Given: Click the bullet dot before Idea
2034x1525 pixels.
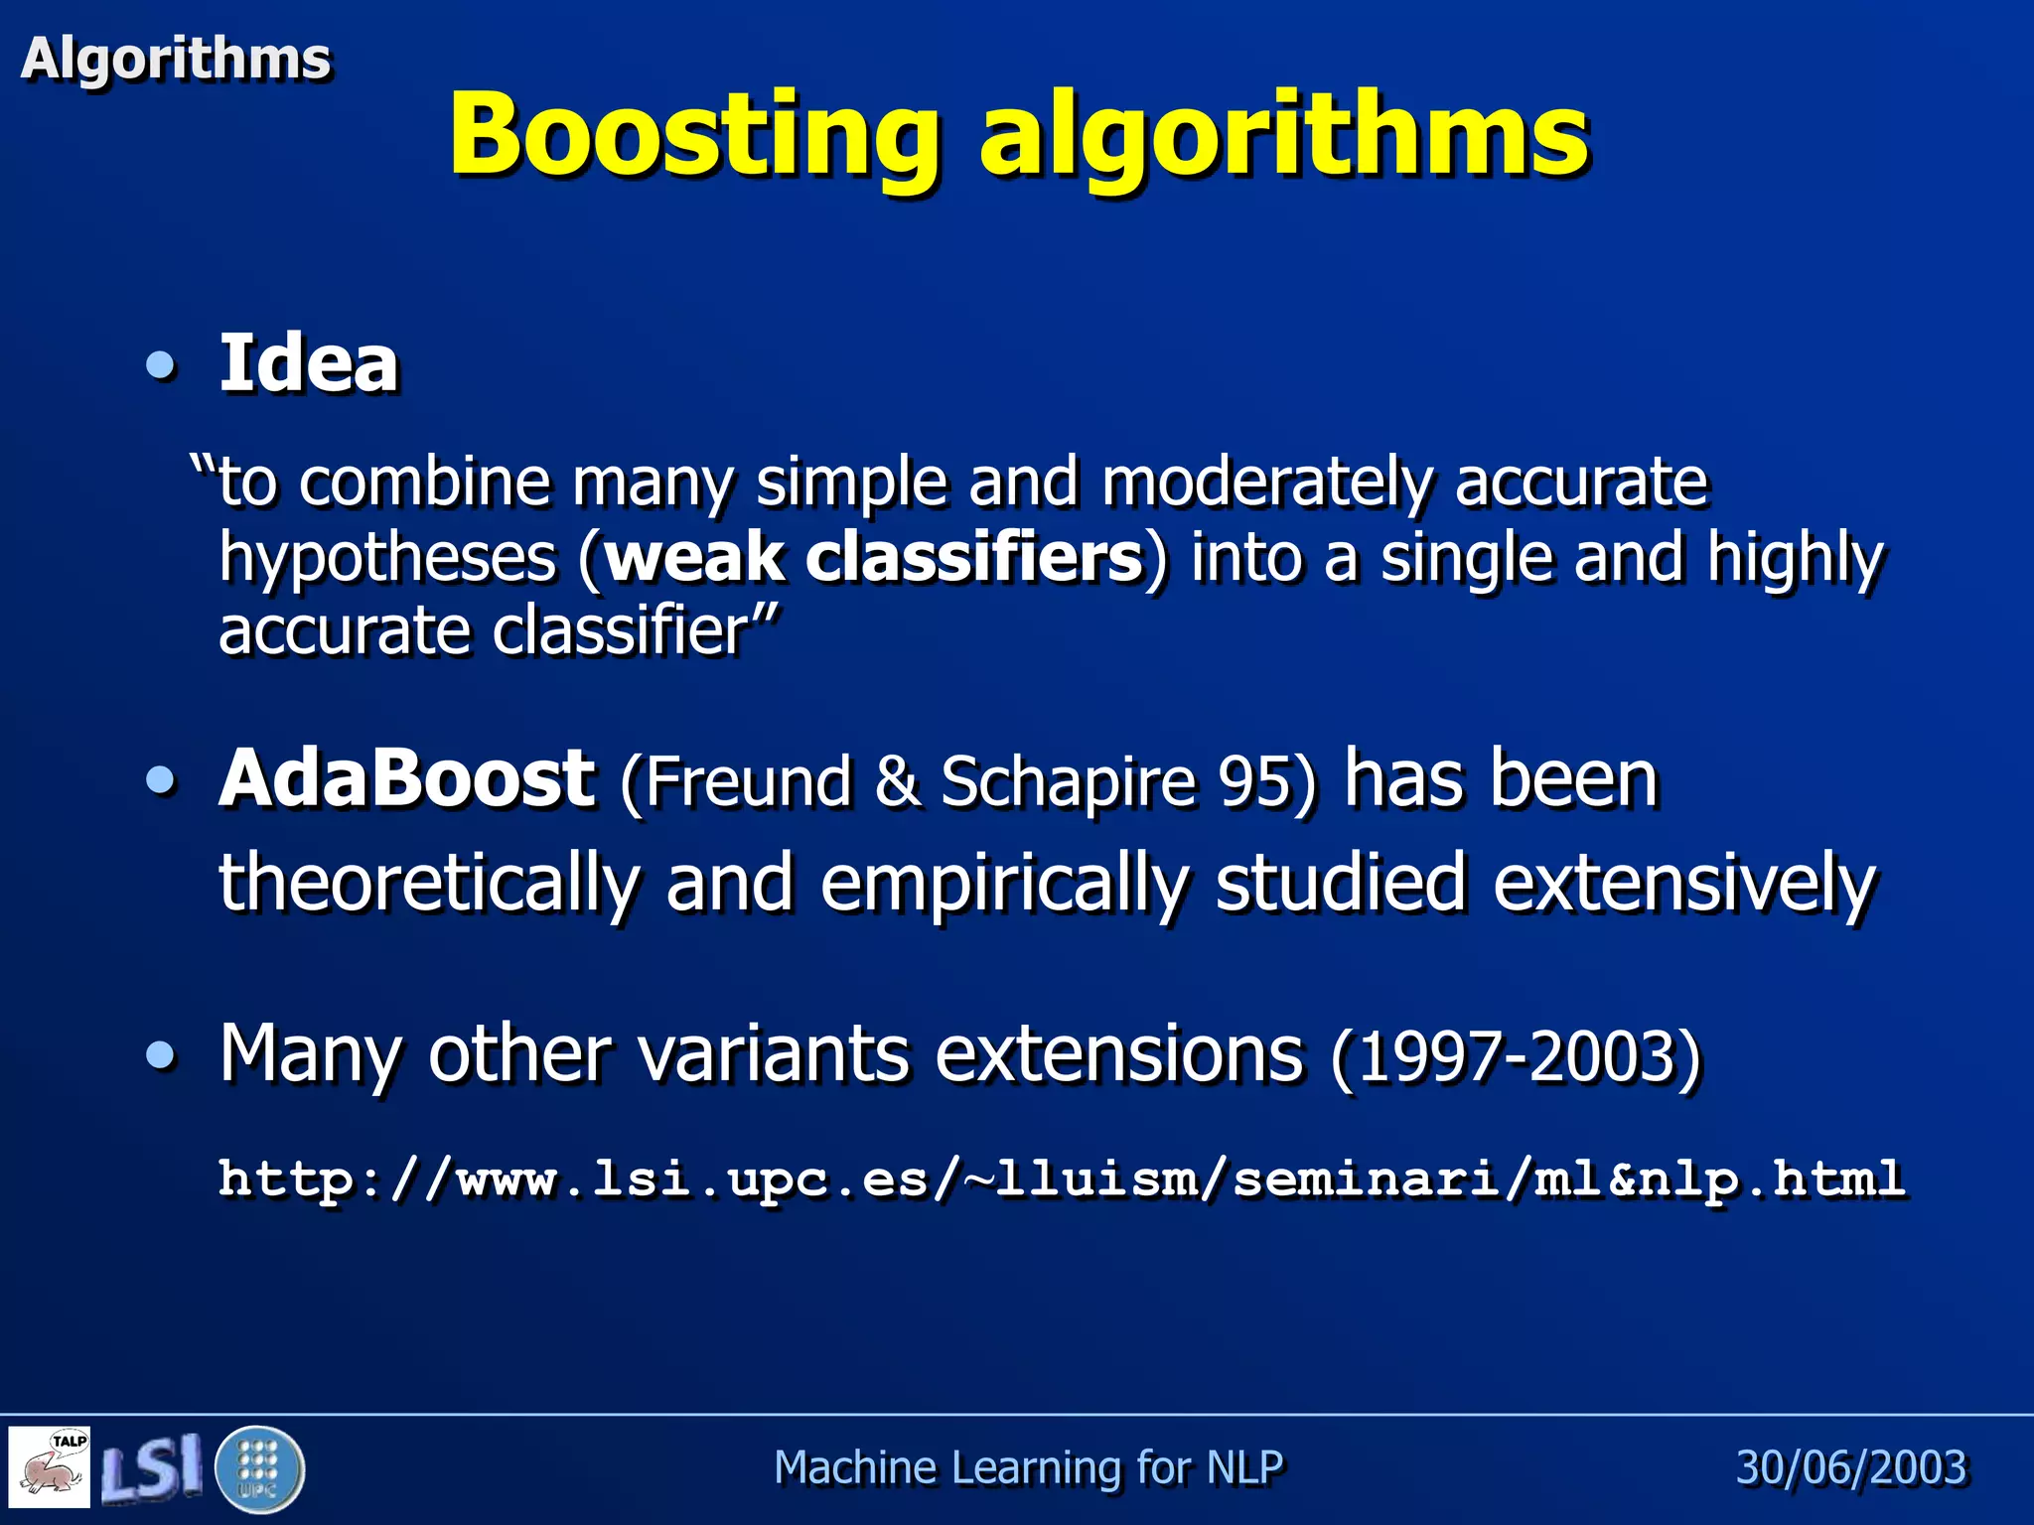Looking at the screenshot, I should pos(160,365).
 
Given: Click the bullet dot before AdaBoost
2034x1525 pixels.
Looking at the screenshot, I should pos(160,779).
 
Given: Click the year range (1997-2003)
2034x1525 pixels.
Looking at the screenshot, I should pos(1517,1056).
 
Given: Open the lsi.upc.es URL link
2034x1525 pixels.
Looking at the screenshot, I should pos(1061,1178).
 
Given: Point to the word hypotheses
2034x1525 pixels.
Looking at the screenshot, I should pos(387,558).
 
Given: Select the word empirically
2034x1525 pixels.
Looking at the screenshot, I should pos(1004,883).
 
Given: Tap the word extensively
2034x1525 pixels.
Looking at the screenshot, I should pos(1684,883).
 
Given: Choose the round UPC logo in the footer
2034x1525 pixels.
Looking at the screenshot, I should pos(259,1468).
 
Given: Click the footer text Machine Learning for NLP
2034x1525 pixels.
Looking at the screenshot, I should pos(1028,1467).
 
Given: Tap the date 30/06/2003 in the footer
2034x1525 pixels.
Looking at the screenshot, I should pos(1851,1467).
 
